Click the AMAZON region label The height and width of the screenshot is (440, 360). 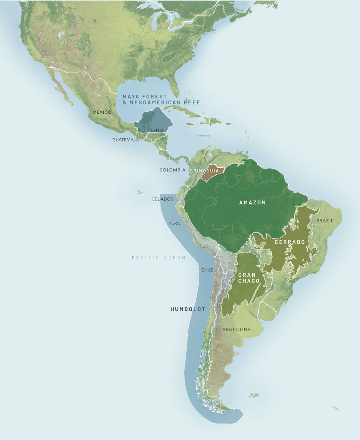[252, 203]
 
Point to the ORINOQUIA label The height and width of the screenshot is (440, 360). [203, 171]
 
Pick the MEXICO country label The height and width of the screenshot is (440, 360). [102, 112]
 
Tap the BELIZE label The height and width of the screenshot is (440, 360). [158, 130]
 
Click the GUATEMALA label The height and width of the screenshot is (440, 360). [125, 140]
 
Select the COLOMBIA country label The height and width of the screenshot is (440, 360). [172, 170]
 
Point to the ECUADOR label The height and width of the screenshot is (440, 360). [163, 199]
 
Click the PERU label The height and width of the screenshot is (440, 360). [174, 223]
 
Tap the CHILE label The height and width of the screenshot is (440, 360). [207, 270]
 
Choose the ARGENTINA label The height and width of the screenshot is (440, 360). [236, 330]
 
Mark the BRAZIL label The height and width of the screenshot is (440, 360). [324, 220]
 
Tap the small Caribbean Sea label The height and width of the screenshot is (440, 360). [204, 136]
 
